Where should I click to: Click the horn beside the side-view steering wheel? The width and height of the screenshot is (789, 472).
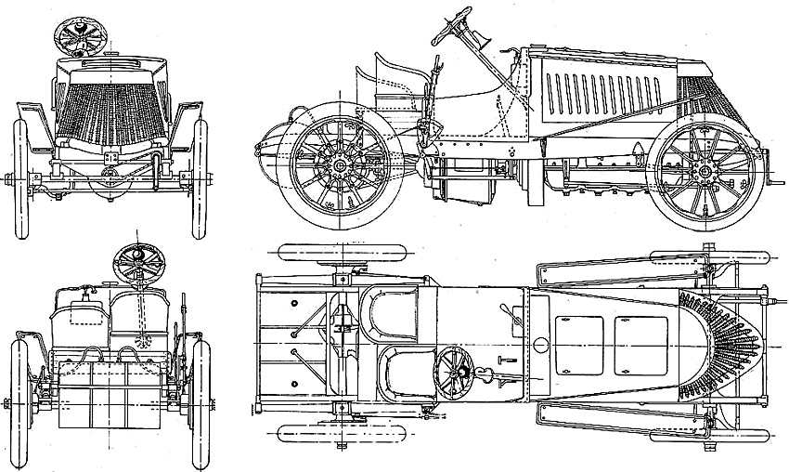tap(484, 42)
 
